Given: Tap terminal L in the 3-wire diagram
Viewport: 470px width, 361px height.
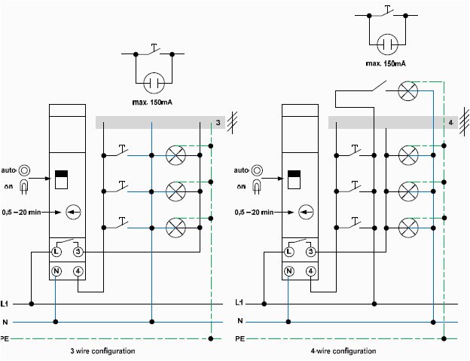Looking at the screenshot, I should (x=56, y=250).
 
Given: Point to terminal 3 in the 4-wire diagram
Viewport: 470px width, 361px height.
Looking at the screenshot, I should (x=310, y=250).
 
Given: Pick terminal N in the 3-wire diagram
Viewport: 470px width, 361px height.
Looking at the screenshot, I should (x=56, y=271).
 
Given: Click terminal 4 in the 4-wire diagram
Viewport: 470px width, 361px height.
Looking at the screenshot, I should (x=310, y=271).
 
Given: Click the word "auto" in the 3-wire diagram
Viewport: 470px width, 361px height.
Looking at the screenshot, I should (x=11, y=170).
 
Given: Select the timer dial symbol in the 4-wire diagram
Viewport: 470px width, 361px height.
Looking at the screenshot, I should (x=305, y=212).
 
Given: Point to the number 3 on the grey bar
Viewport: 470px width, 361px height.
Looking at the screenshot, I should (x=218, y=123).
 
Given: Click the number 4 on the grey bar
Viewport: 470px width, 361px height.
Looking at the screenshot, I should (x=450, y=122).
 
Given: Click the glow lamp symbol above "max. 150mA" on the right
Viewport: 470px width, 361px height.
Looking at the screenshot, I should (x=387, y=44).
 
